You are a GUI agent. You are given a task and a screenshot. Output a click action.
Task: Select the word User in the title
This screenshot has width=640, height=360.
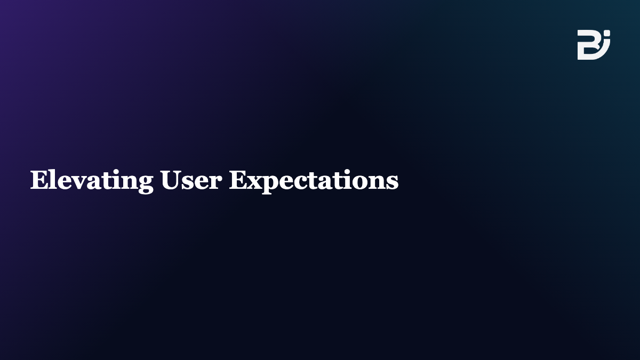[191, 180]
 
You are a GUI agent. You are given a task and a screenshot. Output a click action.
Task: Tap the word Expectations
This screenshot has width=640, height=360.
[314, 181]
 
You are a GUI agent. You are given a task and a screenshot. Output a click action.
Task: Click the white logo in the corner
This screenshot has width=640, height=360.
[594, 45]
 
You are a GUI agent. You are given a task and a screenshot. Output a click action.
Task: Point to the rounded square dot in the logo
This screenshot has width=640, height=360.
[607, 33]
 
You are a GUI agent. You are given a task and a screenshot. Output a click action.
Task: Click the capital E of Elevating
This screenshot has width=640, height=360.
[39, 180]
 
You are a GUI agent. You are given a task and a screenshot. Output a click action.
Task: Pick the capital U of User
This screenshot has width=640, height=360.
[170, 180]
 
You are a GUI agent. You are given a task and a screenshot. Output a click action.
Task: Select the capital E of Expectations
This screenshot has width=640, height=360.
[238, 180]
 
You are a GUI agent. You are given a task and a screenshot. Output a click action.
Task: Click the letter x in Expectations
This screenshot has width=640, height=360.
[255, 182]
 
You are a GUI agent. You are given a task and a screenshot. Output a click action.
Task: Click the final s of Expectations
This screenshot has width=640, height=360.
[393, 182]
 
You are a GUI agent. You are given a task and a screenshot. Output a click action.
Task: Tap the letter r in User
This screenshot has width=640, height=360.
[215, 182]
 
